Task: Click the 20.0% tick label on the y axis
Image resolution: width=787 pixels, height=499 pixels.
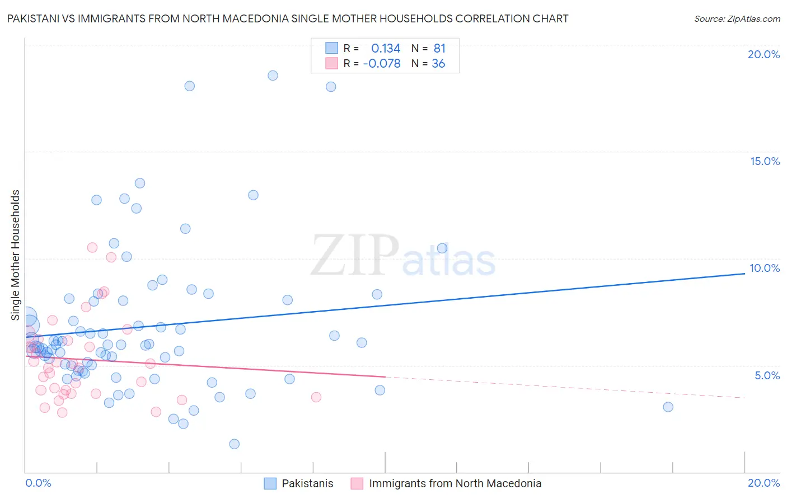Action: tap(763, 54)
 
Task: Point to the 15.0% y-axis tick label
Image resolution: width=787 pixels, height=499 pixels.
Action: tap(765, 161)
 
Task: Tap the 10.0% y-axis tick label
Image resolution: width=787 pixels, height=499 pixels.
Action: tap(765, 268)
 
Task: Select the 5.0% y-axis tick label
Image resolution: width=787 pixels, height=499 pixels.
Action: tap(767, 375)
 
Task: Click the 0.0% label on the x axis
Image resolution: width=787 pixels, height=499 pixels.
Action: tap(38, 483)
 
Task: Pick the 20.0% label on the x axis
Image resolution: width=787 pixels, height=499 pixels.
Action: tap(763, 483)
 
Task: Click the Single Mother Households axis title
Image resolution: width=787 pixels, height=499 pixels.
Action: tap(16, 255)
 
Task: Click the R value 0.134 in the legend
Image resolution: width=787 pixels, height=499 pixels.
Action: tap(386, 49)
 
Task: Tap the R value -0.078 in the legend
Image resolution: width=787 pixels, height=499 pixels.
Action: tap(382, 64)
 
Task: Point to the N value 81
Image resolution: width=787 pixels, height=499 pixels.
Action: tap(439, 49)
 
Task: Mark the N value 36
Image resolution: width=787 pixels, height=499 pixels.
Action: tap(438, 64)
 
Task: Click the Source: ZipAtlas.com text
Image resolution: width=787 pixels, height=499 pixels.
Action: tap(737, 19)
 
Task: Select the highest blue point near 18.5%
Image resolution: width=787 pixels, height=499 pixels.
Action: tap(273, 76)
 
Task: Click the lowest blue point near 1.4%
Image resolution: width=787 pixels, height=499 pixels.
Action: tap(235, 444)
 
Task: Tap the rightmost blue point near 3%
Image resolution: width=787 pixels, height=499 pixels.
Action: tap(668, 407)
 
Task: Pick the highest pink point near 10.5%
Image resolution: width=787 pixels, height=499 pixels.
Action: tap(92, 247)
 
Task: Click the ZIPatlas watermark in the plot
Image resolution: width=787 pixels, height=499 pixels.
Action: tap(403, 256)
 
